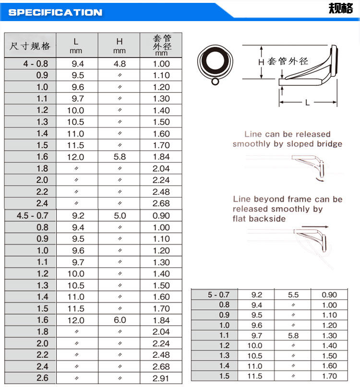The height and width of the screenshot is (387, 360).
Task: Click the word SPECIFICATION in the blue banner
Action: point(55,12)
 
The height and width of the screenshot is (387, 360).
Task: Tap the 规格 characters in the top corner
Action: point(340,9)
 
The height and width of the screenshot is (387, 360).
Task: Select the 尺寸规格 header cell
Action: point(30,46)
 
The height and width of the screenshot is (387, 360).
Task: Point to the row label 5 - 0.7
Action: point(218,294)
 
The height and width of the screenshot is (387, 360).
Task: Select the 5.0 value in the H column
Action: point(120,216)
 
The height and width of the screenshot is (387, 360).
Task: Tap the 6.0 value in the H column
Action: point(120,320)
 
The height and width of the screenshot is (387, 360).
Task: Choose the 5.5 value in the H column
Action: point(293,295)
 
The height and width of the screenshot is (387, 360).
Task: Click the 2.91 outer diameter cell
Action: point(161,378)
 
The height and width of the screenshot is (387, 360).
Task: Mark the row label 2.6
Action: point(42,378)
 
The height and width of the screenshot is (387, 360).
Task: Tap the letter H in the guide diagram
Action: point(262,62)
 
